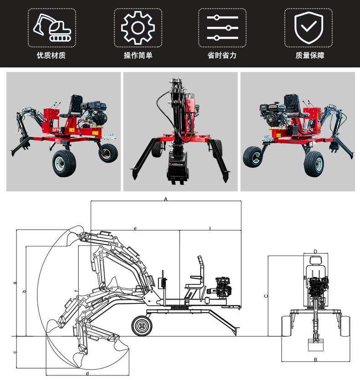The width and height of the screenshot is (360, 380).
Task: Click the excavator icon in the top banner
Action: pyautogui.click(x=52, y=28)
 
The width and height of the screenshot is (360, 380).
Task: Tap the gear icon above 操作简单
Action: pyautogui.click(x=138, y=28)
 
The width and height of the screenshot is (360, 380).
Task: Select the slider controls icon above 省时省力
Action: pyautogui.click(x=222, y=28)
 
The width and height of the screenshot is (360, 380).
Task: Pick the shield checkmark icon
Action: pyautogui.click(x=309, y=27)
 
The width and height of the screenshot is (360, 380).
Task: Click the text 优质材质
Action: pyautogui.click(x=51, y=56)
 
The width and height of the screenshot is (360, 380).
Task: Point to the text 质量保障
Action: pyautogui.click(x=310, y=56)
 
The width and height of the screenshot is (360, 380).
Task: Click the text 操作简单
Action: pyautogui.click(x=138, y=56)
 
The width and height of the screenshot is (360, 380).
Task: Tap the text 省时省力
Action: pyautogui.click(x=222, y=56)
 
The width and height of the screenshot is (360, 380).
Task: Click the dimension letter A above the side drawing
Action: pyautogui.click(x=166, y=199)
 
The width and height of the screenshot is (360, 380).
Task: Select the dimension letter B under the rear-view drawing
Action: pyautogui.click(x=315, y=360)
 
